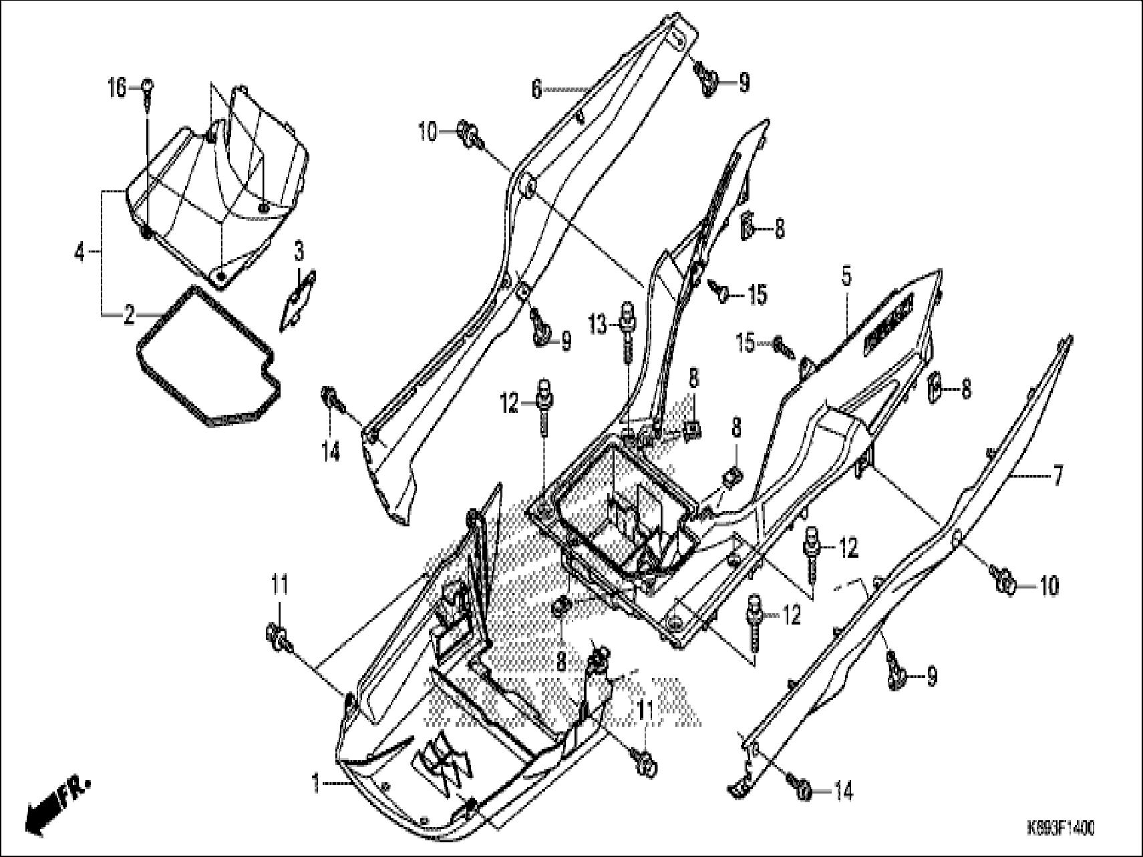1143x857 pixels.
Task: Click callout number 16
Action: pos(116,87)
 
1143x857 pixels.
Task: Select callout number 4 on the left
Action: pos(79,253)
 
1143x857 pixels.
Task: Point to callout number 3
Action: pos(299,252)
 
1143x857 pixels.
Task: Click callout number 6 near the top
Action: pos(536,89)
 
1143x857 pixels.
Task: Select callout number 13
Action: pos(599,326)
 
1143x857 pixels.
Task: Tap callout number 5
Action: pos(846,276)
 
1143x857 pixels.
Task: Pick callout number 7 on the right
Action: pos(1057,476)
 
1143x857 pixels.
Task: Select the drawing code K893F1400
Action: pos(1060,829)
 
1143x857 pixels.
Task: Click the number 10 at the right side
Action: pos(1049,586)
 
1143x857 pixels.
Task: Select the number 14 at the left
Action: pos(331,452)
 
